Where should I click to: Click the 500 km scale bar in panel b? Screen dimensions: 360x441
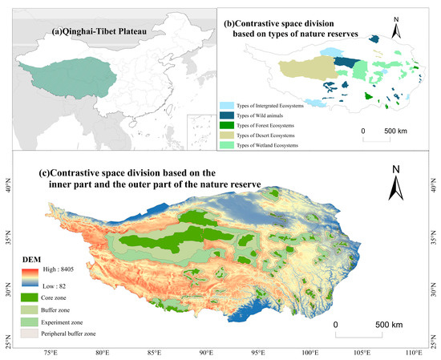(389, 137)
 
